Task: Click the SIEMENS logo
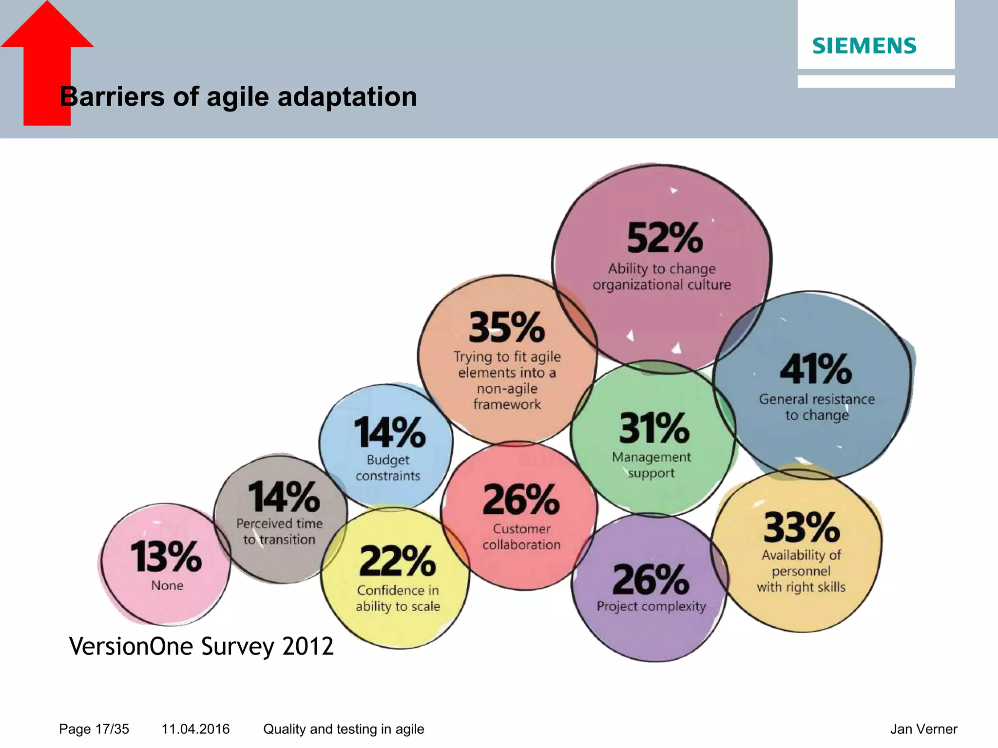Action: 864,46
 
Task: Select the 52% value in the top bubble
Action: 665,238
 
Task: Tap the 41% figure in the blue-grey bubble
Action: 816,369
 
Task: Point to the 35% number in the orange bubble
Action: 507,328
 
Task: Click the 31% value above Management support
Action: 654,428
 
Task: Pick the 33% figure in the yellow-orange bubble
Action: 802,527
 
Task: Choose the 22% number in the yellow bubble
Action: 398,561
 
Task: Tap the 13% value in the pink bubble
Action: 166,557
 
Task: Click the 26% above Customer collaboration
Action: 521,500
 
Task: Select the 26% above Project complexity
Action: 651,580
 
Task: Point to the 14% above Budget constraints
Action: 389,432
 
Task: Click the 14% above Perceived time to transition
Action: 284,497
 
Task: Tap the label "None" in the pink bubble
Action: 167,585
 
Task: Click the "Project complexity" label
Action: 651,606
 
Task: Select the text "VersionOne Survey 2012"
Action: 201,647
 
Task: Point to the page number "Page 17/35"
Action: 94,729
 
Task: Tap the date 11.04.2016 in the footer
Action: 195,729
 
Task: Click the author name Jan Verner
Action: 923,729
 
